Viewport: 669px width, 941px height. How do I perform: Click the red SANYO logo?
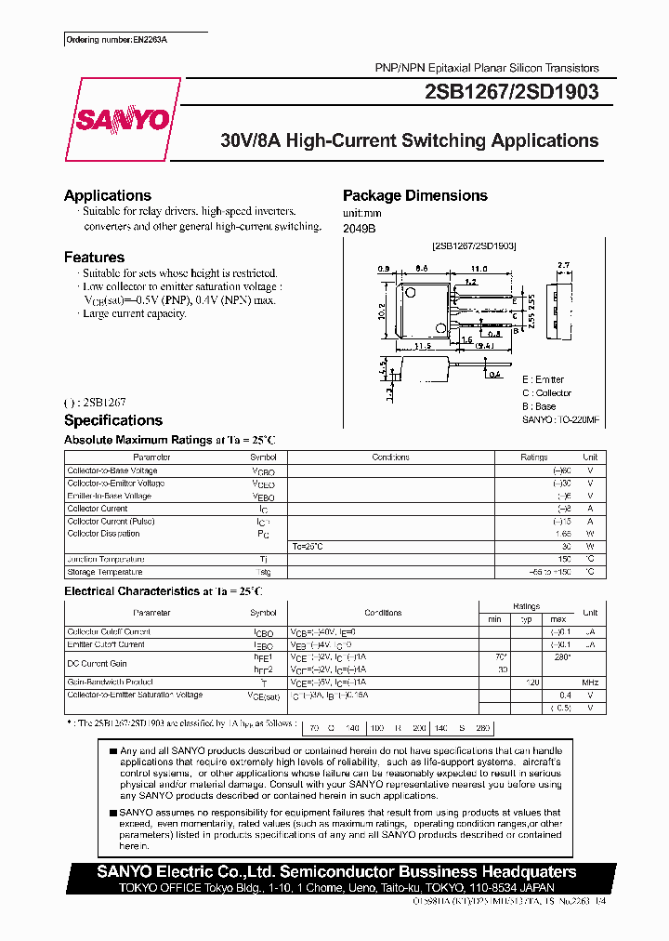123,119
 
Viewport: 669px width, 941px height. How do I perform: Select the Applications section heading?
107,195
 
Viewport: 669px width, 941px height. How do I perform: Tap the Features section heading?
94,257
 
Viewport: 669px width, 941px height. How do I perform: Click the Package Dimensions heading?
414,195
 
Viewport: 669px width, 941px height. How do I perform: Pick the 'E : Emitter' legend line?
543,379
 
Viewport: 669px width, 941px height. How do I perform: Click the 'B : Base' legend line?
539,406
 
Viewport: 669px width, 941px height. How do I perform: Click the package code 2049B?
359,228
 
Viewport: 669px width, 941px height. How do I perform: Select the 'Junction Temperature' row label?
105,559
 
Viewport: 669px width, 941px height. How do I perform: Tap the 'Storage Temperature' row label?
105,572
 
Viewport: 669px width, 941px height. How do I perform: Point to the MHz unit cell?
589,682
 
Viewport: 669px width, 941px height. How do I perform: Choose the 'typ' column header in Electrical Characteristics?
525,618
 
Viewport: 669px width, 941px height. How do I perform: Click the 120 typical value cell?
532,682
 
